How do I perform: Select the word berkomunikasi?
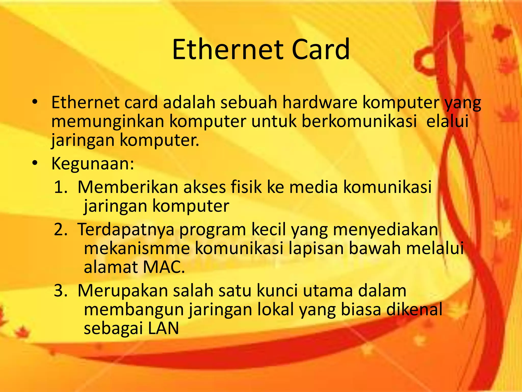[359, 121]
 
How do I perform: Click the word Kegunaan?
[93, 164]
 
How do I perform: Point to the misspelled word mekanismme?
[137, 248]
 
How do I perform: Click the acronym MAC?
[164, 267]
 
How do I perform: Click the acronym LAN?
[163, 328]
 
